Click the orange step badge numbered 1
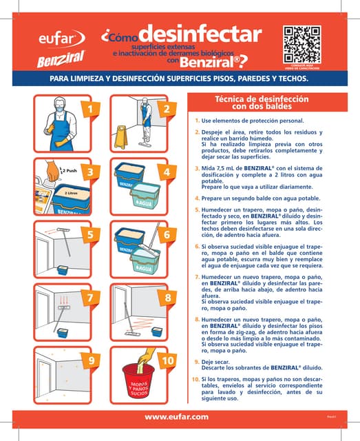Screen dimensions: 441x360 click(89, 109)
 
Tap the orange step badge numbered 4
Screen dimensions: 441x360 click(167, 171)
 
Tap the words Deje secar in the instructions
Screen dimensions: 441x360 click(217, 360)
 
